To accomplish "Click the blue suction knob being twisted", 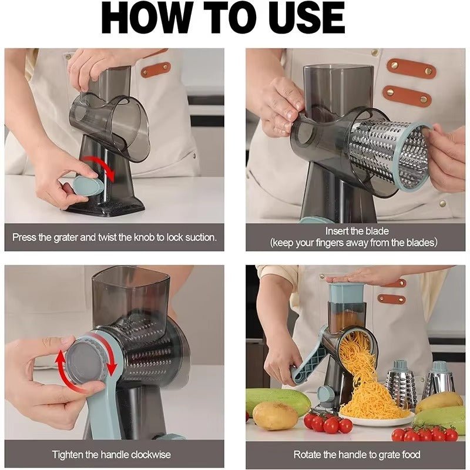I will point(88,187).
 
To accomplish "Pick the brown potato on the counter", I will point(276,416).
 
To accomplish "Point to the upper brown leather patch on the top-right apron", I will point(411,68).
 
